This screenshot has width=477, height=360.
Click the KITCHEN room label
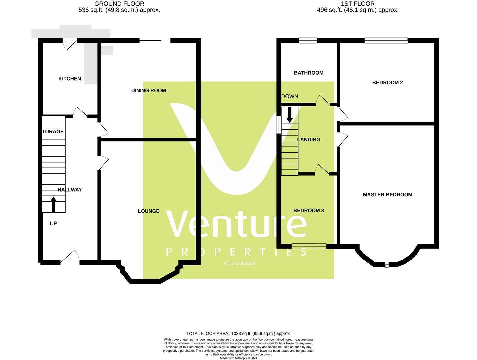[70, 79]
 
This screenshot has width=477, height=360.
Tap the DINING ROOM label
[148, 90]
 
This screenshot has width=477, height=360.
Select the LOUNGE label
[148, 211]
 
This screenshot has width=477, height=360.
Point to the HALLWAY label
[69, 190]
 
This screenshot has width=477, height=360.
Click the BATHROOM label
[308, 73]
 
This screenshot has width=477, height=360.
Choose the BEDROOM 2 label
[387, 82]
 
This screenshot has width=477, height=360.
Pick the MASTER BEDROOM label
[387, 195]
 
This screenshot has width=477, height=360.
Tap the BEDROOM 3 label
[308, 210]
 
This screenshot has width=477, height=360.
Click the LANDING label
[309, 139]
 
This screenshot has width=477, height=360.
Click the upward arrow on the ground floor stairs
[53, 204]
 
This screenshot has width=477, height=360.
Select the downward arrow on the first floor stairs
[290, 115]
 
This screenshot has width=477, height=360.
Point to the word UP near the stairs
[53, 223]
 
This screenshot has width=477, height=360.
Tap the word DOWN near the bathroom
[290, 96]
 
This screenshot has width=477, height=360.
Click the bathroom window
[308, 41]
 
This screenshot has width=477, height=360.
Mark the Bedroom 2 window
[386, 41]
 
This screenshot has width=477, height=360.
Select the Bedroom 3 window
[309, 246]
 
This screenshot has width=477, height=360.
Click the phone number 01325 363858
[240, 263]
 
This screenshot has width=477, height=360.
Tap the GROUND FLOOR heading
[119, 4]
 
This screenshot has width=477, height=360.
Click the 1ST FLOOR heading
[358, 4]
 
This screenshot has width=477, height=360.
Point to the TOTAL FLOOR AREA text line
[238, 333]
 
